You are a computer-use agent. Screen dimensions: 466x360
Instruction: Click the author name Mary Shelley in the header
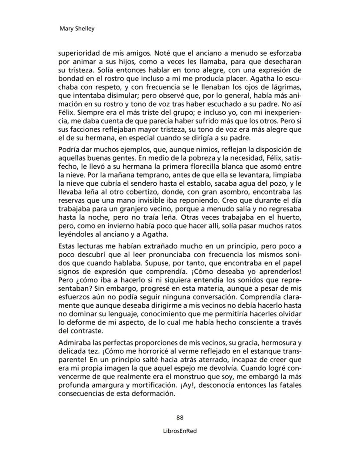click(77, 29)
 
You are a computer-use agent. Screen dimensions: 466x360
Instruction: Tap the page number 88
click(180, 418)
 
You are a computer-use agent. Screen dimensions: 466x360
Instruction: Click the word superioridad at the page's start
click(81, 53)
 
